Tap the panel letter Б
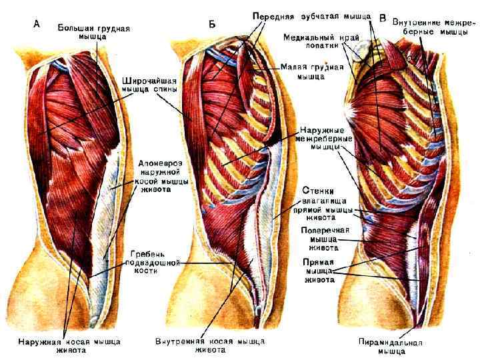tap(211, 25)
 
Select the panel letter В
tap(382, 15)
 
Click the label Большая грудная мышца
tap(93, 34)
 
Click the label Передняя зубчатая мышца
tap(311, 15)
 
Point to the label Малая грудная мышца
tap(311, 71)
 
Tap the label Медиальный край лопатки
tap(316, 41)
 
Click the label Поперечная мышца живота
tap(315, 238)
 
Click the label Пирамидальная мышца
tap(400, 347)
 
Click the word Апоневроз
tap(161, 162)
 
